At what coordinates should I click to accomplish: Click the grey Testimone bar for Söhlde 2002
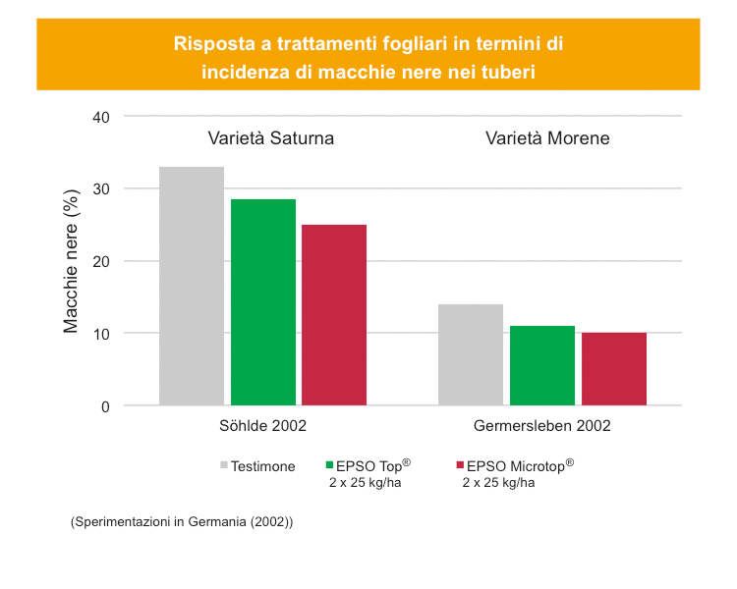[x=192, y=286]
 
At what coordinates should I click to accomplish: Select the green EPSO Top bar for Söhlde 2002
[x=263, y=302]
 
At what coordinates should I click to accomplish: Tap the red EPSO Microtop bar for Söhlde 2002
[x=334, y=315]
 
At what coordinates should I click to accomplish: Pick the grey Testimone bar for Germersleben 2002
[x=471, y=354]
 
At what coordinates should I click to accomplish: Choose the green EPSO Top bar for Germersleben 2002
[x=542, y=365]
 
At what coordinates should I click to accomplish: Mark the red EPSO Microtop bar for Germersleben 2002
[x=614, y=369]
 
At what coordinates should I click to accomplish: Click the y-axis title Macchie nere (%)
[x=71, y=261]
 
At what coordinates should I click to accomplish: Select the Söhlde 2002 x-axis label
[x=262, y=426]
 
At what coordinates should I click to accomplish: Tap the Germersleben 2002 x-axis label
[x=541, y=426]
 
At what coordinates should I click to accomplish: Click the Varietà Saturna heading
[x=270, y=138]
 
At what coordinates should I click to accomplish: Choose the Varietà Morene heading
[x=547, y=138]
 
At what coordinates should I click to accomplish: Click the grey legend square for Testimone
[x=224, y=466]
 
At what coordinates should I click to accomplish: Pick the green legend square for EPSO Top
[x=329, y=466]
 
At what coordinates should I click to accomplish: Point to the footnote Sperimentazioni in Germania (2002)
[x=182, y=522]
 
